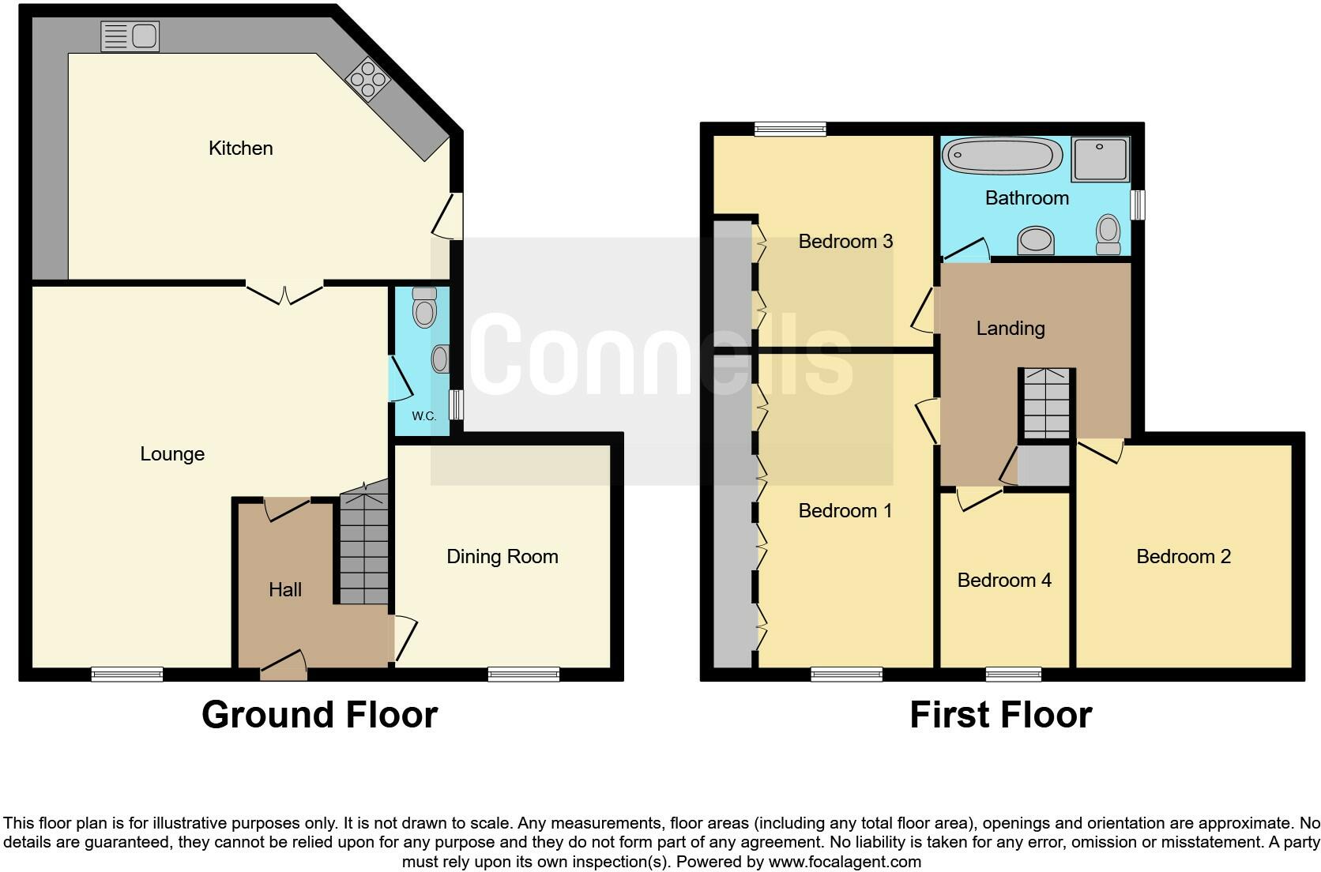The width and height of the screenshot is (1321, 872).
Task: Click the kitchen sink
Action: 130,36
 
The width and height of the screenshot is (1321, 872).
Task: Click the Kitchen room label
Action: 240,148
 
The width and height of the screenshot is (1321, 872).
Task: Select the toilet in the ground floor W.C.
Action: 424,307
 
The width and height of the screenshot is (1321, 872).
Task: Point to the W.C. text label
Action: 423,416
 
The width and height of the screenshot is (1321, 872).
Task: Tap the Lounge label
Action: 172,454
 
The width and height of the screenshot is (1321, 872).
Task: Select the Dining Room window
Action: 524,674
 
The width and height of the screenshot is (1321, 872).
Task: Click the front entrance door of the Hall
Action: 283,667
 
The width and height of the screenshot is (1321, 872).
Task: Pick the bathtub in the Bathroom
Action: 1002,156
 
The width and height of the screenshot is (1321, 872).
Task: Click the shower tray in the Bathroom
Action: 1101,160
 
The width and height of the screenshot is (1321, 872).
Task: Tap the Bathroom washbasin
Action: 1036,240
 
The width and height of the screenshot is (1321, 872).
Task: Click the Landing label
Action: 1011,329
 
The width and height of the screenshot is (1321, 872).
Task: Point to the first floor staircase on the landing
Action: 1046,403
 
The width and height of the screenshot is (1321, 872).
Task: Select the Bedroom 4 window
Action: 1013,674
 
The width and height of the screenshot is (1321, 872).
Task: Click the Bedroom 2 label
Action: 1183,557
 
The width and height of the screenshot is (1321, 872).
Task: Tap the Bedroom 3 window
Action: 790,129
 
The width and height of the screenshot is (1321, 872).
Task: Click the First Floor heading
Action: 1000,715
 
